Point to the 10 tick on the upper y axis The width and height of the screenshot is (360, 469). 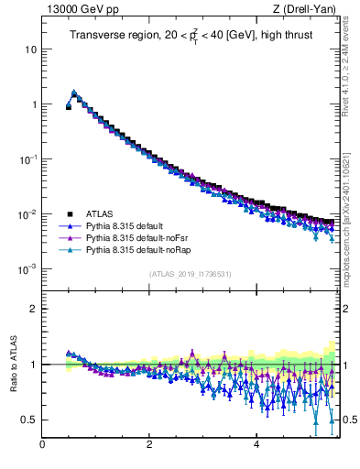31,49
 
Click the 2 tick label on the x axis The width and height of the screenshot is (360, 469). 149,445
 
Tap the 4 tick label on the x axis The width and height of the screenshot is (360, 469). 256,445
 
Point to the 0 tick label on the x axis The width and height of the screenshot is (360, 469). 42,445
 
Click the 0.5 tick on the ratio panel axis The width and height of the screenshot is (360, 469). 29,420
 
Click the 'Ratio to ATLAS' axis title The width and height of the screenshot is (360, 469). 12,365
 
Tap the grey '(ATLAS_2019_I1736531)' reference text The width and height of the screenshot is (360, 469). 189,274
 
